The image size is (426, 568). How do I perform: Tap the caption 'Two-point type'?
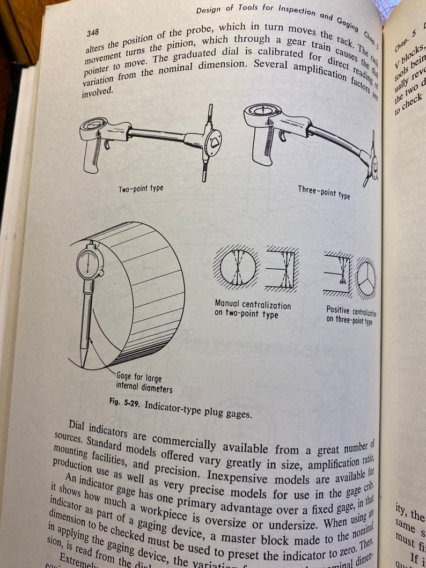(x=141, y=189)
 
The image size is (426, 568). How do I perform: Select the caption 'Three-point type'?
(x=324, y=192)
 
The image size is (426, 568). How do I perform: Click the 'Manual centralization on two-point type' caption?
(x=253, y=309)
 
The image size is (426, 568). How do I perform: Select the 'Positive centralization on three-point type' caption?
(x=351, y=316)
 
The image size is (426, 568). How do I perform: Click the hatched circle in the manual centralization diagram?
(x=236, y=267)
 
